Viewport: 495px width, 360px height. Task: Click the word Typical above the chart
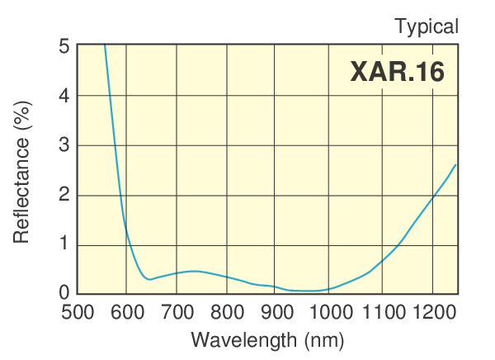click(x=427, y=26)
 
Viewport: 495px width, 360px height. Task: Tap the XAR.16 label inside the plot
click(x=397, y=72)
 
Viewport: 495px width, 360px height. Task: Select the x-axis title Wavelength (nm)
click(x=267, y=339)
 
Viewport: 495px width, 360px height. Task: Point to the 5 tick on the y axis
click(x=64, y=46)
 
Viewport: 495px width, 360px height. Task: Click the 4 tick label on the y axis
click(x=64, y=96)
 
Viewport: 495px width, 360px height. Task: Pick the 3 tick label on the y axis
click(x=64, y=146)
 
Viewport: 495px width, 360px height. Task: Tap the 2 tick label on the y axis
click(x=64, y=196)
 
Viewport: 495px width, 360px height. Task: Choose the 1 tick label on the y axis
click(x=64, y=245)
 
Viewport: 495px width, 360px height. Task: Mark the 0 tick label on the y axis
click(x=64, y=292)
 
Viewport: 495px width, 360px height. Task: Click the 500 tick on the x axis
click(x=78, y=312)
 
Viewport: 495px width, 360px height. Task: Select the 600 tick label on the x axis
click(x=127, y=312)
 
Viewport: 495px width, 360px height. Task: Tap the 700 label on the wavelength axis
click(x=177, y=312)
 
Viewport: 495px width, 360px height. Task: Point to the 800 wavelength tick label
click(x=228, y=312)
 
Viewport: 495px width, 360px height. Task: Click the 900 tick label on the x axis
click(x=278, y=312)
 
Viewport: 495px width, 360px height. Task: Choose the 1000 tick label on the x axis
click(x=330, y=312)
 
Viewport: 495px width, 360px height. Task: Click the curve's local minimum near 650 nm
click(x=148, y=279)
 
